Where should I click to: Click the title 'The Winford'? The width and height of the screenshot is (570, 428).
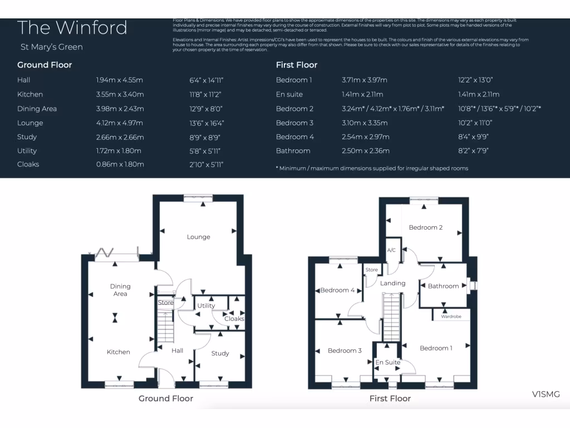point(72,28)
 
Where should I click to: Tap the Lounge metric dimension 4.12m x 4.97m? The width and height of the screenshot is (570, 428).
point(120,123)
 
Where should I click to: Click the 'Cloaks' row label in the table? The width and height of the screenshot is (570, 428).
point(28,164)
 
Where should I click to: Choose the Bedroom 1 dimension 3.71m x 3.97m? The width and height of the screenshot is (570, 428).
point(365,80)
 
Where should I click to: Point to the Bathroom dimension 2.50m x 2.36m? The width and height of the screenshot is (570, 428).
point(365,151)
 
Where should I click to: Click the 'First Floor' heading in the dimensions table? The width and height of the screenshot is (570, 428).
point(297,65)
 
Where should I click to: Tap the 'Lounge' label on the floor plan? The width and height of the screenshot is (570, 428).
point(199,237)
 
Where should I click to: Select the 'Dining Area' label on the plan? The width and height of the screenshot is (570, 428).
point(120,290)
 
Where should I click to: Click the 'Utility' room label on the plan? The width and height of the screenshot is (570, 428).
point(206,306)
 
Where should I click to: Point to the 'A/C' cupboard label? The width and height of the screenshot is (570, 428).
point(391,250)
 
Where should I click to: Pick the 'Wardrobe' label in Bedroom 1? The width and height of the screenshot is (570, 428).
point(451,317)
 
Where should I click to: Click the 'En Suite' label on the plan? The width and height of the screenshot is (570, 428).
point(388,362)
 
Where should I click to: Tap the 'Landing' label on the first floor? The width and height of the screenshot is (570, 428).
point(392,283)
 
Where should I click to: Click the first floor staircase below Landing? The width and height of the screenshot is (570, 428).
point(391,318)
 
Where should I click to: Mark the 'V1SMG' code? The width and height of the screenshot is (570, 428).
point(546,395)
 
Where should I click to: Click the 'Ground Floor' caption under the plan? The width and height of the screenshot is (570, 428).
point(166,398)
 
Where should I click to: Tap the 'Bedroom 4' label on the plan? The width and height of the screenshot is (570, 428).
point(337,290)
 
